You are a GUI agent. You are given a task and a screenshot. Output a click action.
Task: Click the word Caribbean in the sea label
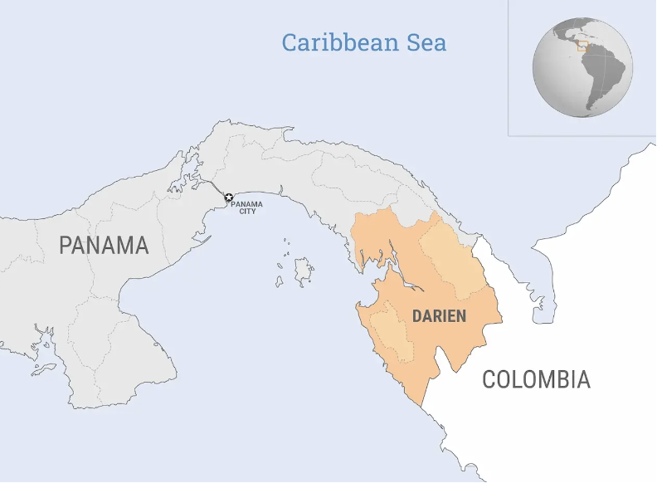coord(340,42)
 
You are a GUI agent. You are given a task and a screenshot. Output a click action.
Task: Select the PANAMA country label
coord(104,246)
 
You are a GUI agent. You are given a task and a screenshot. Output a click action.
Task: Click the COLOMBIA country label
coord(536,380)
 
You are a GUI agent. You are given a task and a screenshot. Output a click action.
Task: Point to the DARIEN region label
coord(439,316)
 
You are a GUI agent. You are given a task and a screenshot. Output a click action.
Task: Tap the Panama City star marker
coord(229,197)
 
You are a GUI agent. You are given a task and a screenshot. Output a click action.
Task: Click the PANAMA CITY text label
coord(246,207)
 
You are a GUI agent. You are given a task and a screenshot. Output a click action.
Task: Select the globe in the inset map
coord(582,66)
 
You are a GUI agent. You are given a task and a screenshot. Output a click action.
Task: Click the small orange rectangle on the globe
coord(583,46)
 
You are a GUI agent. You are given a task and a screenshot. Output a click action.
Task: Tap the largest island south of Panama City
coord(304,270)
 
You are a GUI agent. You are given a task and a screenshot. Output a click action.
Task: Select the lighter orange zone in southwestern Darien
coord(390,332)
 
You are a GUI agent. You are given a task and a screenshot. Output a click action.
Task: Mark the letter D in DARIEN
coord(417,316)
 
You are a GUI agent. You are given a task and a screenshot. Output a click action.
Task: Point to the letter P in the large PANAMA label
coord(66,246)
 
